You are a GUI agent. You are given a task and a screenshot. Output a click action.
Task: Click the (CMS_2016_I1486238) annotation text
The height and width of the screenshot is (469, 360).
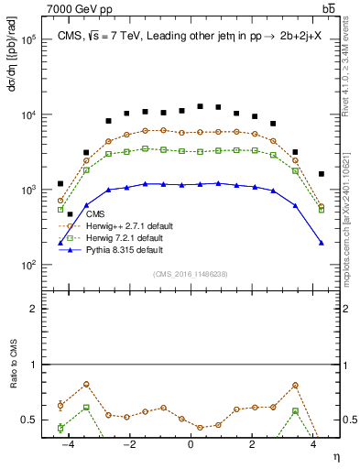pos(190,274)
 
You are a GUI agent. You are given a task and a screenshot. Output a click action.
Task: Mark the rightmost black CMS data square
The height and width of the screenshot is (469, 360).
pos(322,174)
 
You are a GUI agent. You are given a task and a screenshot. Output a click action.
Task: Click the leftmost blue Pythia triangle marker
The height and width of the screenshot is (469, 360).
pos(60,242)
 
